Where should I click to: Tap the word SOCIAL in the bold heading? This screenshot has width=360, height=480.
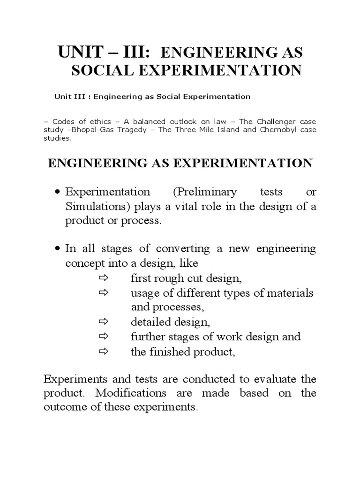tap(98, 71)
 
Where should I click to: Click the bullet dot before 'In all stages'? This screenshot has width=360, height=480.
tap(58, 248)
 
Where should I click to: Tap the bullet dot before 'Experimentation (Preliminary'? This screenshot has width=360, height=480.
tap(58, 193)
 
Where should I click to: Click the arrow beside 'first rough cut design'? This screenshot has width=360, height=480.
tap(104, 278)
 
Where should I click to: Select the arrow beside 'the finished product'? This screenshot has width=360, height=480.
tap(104, 352)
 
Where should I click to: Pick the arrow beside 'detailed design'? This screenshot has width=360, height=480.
tap(104, 322)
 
